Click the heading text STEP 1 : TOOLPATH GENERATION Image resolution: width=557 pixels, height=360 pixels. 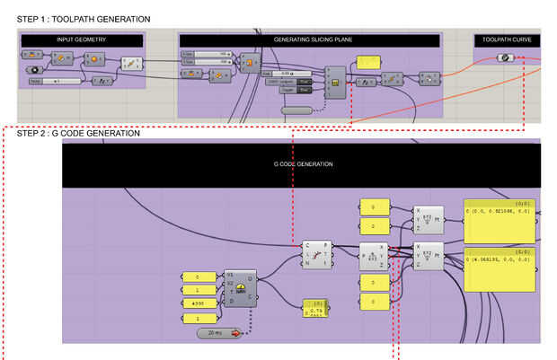[x=77, y=19]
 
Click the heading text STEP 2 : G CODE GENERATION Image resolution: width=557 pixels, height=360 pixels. [x=72, y=133]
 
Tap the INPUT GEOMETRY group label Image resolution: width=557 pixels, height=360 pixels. [x=82, y=40]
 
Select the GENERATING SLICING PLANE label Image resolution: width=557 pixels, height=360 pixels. [x=310, y=40]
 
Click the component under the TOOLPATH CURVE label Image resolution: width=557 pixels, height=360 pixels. [x=506, y=58]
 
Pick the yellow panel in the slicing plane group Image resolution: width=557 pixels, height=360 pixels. [x=368, y=62]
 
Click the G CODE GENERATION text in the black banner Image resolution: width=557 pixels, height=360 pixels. [x=303, y=164]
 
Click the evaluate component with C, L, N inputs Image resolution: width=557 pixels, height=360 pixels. [x=315, y=254]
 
